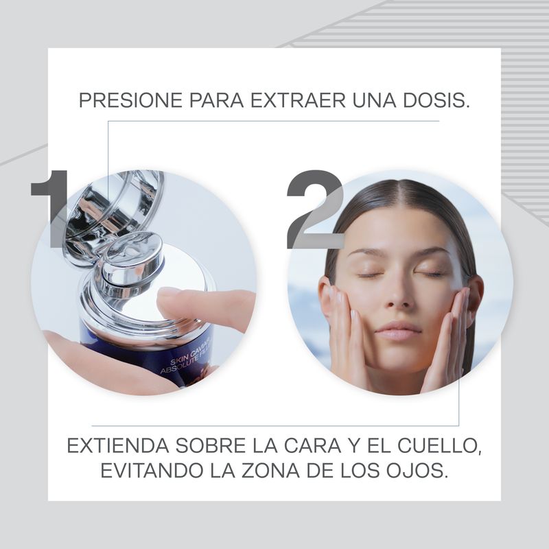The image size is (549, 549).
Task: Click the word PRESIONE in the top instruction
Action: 130,100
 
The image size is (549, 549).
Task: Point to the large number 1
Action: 51,209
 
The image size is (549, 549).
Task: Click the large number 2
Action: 315,209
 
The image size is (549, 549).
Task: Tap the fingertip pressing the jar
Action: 168,298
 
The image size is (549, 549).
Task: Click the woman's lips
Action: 399,331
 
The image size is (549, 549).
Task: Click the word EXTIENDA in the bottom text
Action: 117,445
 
